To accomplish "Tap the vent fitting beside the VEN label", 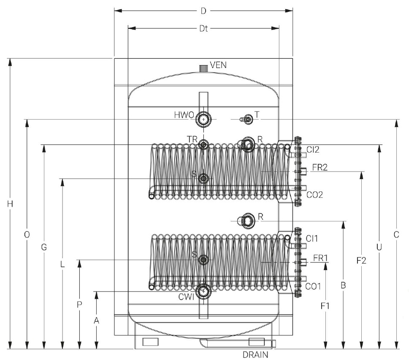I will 203,68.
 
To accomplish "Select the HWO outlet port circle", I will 204,120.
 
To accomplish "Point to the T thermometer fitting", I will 247,120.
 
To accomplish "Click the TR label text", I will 192,139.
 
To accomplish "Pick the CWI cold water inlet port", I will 204,291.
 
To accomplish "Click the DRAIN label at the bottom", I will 255,355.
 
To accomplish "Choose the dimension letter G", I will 44,247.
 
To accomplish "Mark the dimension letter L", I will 62,265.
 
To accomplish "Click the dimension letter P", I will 79,304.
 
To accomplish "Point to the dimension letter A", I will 97,321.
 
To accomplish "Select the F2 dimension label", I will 361,261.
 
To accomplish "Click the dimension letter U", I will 379,247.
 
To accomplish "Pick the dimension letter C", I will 396,235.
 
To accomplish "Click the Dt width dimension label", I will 203,29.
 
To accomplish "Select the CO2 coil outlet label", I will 314,195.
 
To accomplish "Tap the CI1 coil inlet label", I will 312,238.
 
